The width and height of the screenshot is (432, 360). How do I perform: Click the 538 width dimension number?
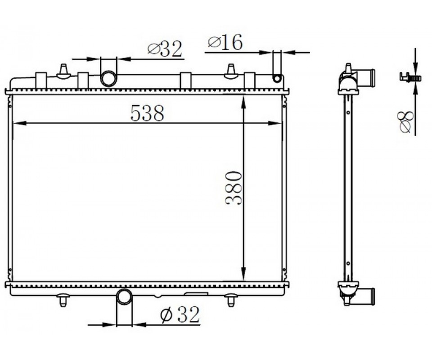[147, 112]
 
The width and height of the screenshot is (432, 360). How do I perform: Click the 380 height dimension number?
[234, 188]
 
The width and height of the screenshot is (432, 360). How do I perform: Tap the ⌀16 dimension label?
[225, 42]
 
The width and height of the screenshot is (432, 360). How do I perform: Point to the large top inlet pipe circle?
[108, 79]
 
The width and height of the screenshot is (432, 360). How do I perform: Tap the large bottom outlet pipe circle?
[125, 297]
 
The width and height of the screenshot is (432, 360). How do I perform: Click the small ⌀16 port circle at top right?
[277, 78]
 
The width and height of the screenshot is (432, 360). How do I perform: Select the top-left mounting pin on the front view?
[63, 72]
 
